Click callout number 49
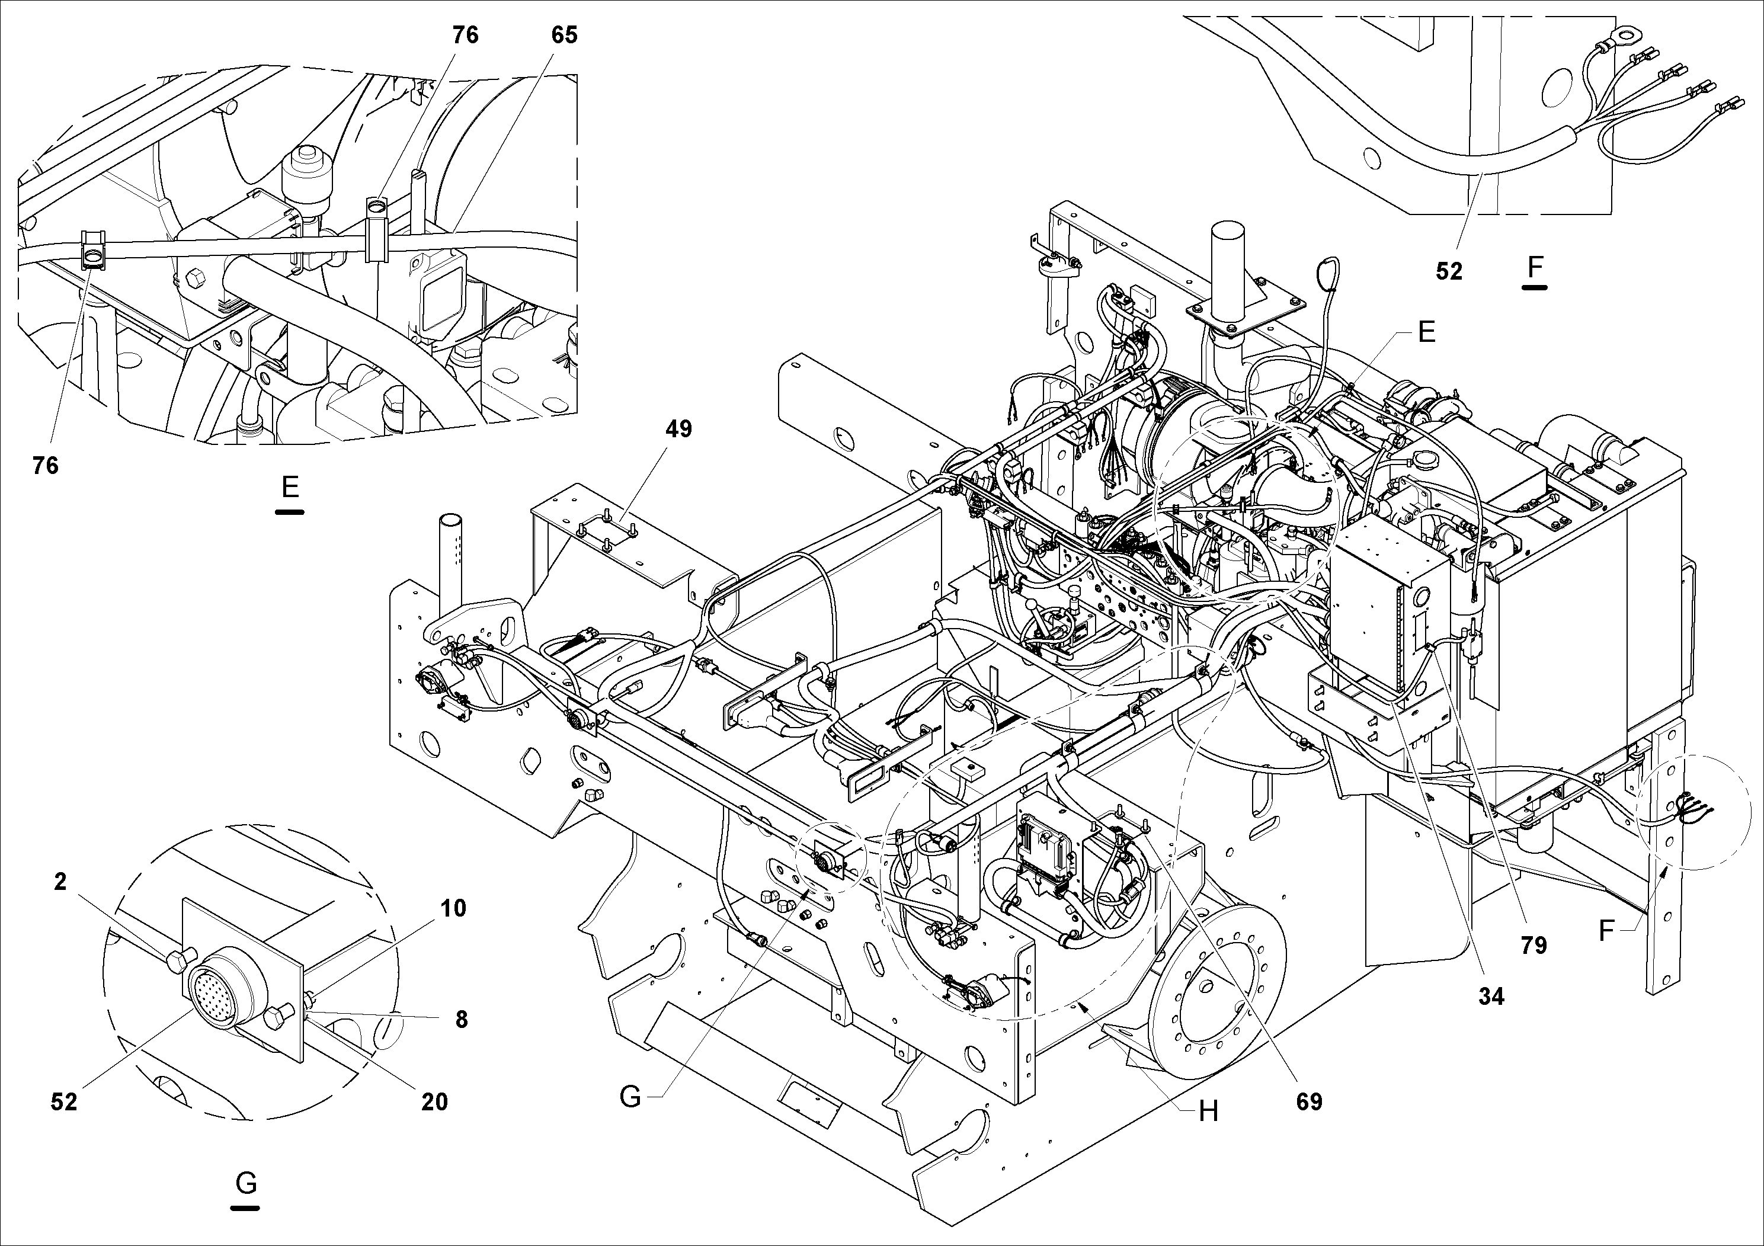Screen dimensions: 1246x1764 679,428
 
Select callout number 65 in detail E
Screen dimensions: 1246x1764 564,36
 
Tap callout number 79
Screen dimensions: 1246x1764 1534,946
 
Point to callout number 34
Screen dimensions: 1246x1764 1490,997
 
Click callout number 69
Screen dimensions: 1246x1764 1309,1101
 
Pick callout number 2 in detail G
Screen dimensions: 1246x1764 60,882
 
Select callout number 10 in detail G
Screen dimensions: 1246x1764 453,908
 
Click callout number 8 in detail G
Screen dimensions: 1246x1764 461,1020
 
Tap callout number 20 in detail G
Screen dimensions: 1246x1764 434,1101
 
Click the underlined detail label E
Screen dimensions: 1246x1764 290,487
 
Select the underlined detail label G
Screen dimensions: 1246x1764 246,1184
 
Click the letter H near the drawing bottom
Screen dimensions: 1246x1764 1209,1111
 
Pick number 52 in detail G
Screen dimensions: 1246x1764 64,1101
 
